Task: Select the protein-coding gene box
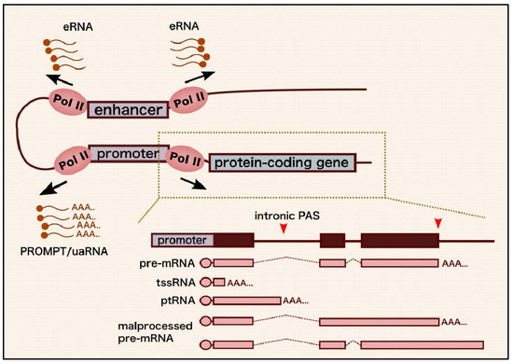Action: [282, 162]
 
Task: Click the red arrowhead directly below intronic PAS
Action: [285, 231]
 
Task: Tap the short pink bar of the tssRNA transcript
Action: [218, 282]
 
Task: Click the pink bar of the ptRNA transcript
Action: [246, 300]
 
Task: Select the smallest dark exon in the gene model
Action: [331, 240]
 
